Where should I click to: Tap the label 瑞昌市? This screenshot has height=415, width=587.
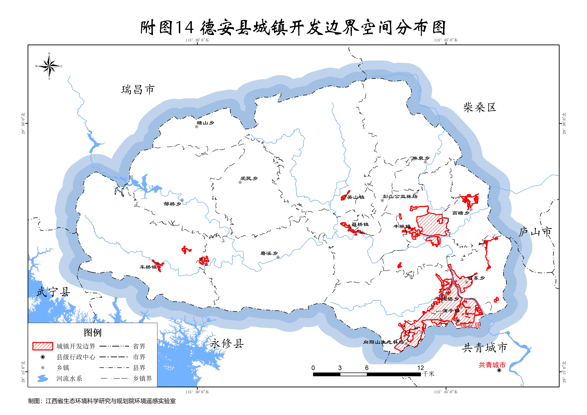tap(138, 90)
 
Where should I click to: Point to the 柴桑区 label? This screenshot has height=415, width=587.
tap(480, 107)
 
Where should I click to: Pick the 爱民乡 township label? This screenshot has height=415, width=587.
tap(249, 178)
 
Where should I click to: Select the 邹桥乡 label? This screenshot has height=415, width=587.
tap(172, 204)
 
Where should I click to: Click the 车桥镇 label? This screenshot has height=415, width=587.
tap(148, 267)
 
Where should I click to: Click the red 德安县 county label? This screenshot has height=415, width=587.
tap(470, 325)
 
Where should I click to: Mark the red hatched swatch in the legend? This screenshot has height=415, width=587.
tap(43, 346)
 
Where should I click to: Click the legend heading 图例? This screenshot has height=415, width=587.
tap(93, 332)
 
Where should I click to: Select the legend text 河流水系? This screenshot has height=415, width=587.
tap(69, 378)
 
